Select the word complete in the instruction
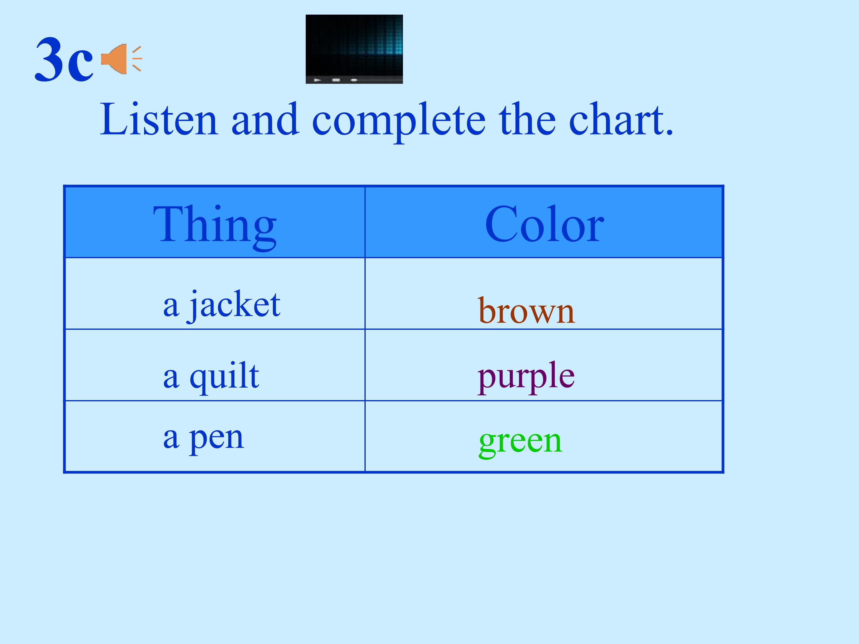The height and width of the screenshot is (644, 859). [398, 120]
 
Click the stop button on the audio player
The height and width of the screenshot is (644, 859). [336, 80]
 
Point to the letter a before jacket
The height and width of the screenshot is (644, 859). [171, 307]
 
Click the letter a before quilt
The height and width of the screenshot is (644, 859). [171, 378]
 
